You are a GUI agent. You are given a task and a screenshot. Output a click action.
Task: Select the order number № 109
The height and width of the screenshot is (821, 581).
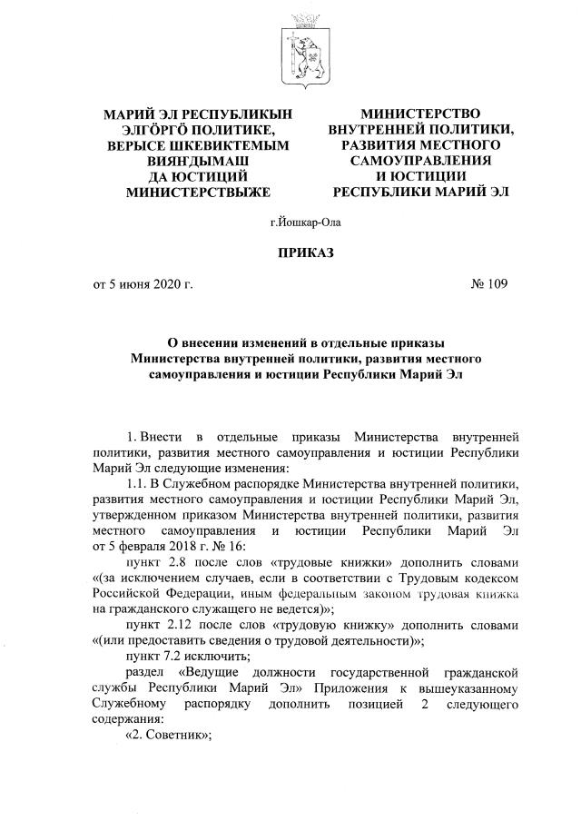coord(488,284)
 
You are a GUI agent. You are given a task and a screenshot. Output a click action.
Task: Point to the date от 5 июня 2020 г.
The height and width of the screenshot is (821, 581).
coord(143,284)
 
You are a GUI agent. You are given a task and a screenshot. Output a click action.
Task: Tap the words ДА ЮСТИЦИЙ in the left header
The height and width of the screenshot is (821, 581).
coord(198,177)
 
